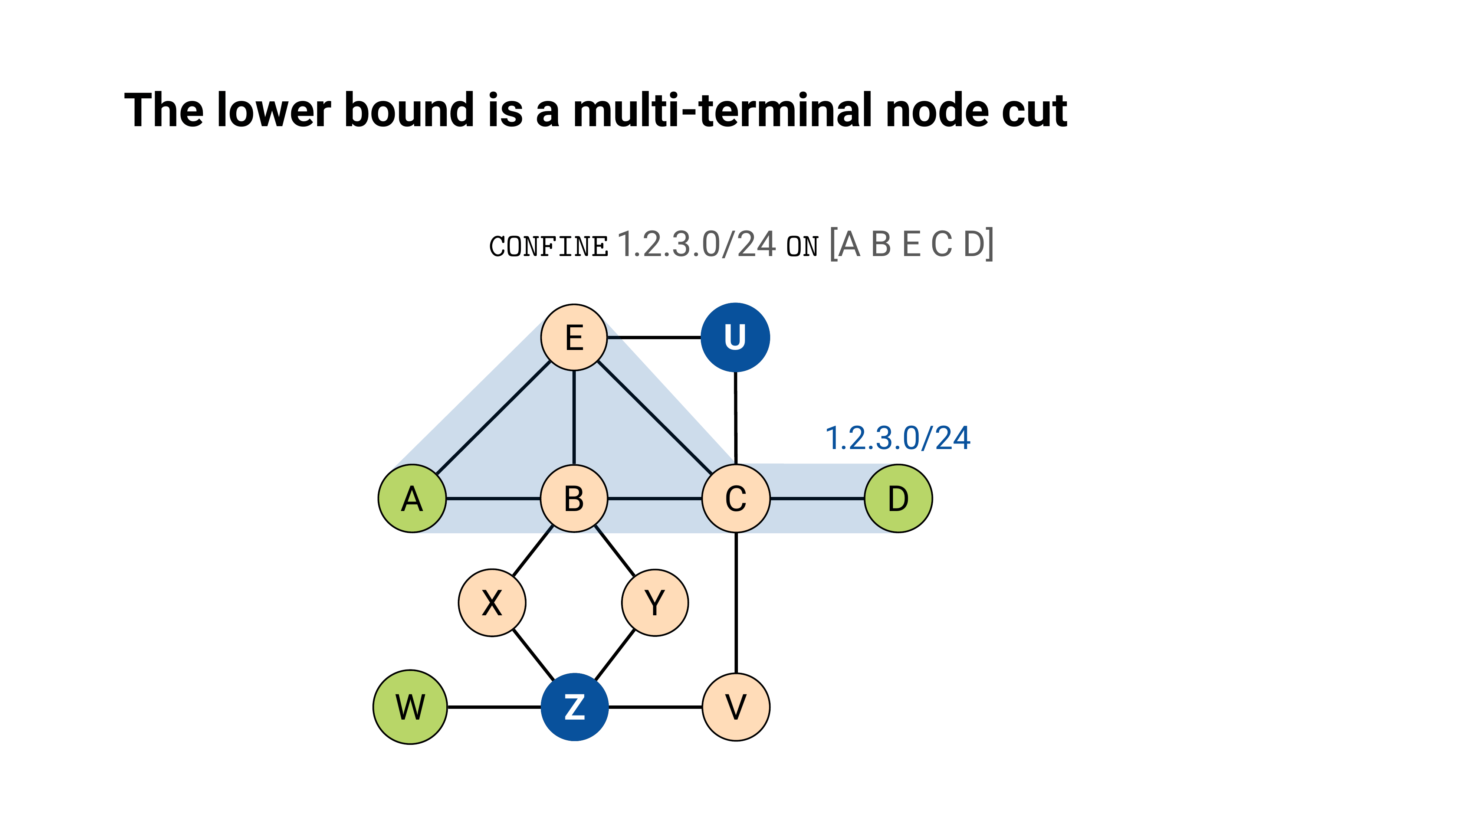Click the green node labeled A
pos(412,498)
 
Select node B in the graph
pos(574,498)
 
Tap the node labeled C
pos(736,498)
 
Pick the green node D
pos(898,498)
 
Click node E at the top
pos(574,337)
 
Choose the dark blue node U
pos(735,337)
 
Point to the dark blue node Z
pos(574,707)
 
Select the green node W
pos(410,707)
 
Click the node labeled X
pos(492,603)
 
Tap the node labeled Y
pos(655,603)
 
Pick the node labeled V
pos(736,707)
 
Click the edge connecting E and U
pos(654,337)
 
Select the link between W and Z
pos(494,707)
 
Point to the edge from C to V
pos(736,603)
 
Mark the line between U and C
pos(736,418)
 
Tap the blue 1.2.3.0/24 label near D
pos(897,438)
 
